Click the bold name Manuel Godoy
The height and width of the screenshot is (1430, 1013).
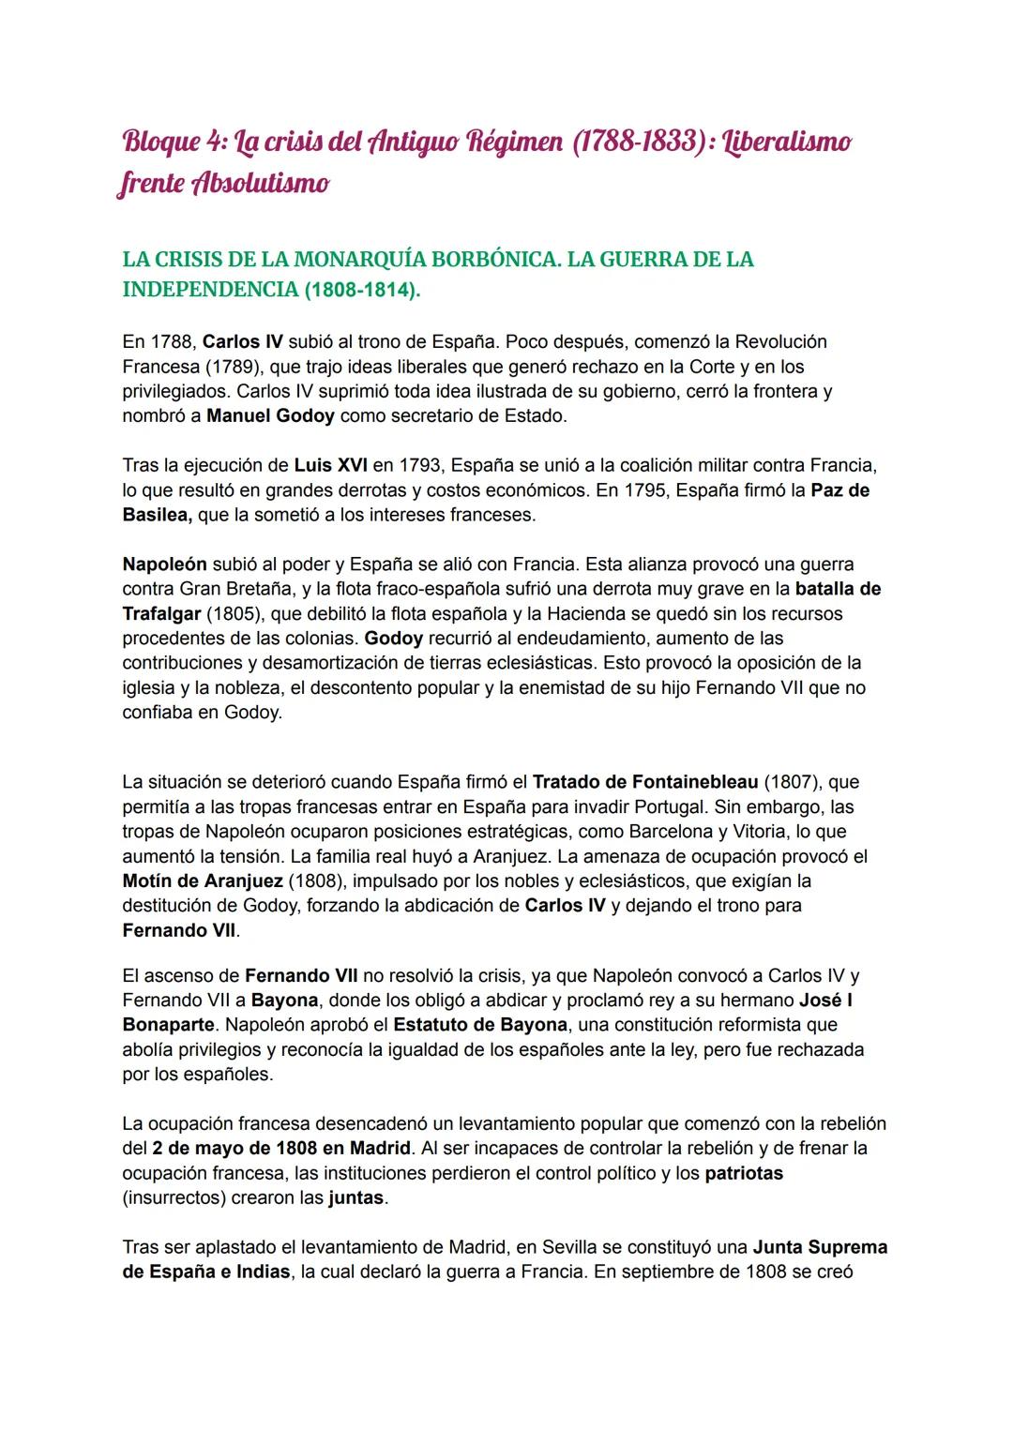(x=270, y=415)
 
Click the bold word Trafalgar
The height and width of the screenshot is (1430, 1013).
(x=160, y=614)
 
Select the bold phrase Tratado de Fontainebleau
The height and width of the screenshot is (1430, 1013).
(x=645, y=782)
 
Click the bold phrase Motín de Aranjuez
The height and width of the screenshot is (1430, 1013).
(x=202, y=881)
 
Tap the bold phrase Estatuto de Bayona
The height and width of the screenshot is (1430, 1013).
(x=480, y=1025)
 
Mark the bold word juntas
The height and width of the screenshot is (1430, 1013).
(x=356, y=1198)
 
